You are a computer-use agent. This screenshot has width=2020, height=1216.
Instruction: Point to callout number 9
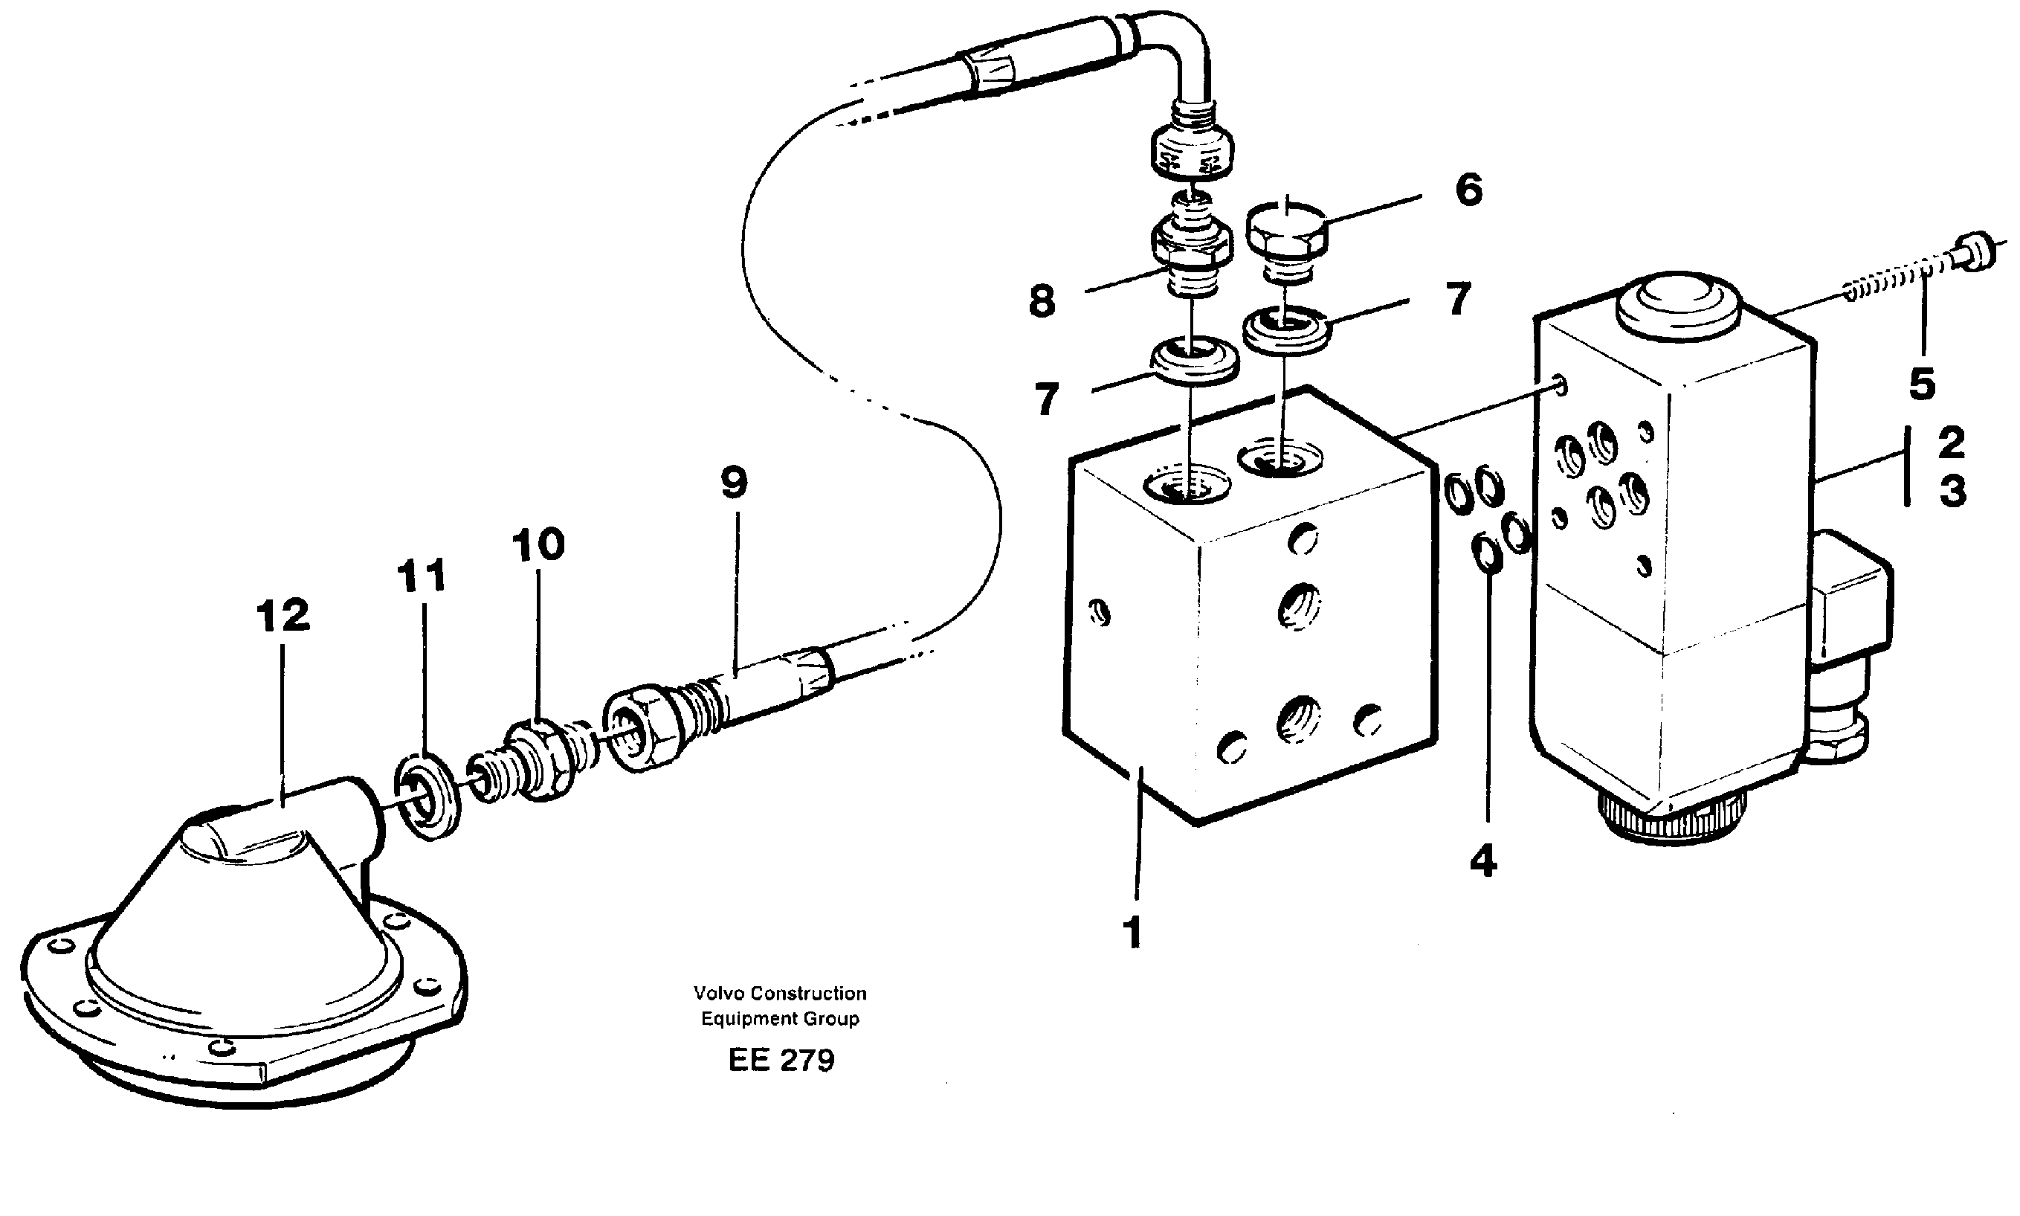[734, 483]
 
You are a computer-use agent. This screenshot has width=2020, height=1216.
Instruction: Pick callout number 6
[1468, 190]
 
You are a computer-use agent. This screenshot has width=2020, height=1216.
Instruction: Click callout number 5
[1922, 384]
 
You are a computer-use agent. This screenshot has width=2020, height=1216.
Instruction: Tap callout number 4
[1483, 861]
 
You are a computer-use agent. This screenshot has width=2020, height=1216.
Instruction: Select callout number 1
[1133, 933]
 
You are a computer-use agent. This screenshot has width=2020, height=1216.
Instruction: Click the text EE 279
[781, 1061]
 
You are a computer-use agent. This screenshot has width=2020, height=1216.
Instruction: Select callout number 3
[1953, 492]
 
